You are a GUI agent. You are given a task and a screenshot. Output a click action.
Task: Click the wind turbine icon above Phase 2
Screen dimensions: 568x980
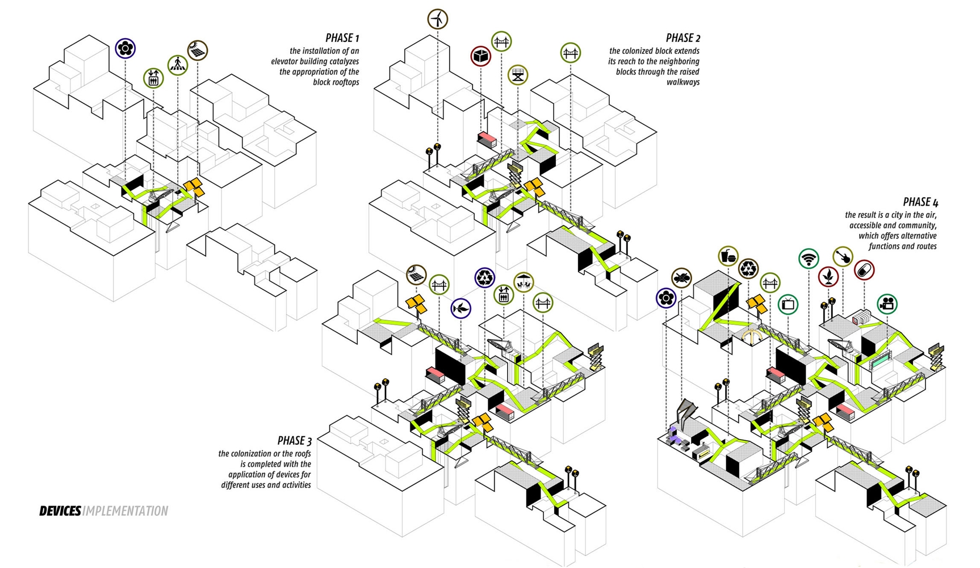click(x=437, y=19)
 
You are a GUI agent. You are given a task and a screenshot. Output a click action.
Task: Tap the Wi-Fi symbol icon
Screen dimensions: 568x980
click(x=809, y=259)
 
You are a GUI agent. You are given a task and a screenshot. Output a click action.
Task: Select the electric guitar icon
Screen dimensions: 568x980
click(x=843, y=257)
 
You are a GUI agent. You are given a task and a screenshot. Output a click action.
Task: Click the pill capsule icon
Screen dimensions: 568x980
click(x=864, y=270)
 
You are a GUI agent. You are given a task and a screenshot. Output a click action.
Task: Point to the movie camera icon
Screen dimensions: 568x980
click(x=887, y=304)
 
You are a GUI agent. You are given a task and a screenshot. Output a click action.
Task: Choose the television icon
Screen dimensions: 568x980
click(x=788, y=304)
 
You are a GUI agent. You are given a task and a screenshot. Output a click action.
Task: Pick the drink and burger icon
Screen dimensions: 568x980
click(x=728, y=257)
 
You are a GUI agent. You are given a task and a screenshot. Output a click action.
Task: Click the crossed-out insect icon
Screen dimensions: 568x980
click(x=681, y=278)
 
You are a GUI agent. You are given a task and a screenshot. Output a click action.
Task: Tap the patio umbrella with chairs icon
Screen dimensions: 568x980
click(x=523, y=281)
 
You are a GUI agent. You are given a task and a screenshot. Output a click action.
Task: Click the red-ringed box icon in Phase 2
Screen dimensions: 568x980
click(x=480, y=56)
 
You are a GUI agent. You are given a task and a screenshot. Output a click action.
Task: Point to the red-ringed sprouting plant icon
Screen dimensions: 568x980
click(x=828, y=277)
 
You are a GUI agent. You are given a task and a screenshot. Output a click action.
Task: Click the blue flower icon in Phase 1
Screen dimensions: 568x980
click(x=125, y=48)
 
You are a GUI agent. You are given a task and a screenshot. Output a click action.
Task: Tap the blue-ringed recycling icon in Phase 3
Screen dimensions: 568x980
click(x=485, y=277)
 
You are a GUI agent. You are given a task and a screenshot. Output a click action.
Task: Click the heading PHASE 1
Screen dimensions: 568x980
click(x=342, y=38)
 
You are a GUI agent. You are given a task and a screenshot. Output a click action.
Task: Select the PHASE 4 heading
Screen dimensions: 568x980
click(x=920, y=202)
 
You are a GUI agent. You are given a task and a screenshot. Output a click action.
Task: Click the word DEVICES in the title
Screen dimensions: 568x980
click(x=60, y=511)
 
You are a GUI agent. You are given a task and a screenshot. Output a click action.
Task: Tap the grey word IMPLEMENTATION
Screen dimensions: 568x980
click(x=125, y=511)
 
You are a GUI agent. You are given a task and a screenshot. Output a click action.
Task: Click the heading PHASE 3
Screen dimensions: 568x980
click(x=294, y=441)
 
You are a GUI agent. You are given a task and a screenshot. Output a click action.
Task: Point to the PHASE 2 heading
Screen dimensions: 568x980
click(x=682, y=38)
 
